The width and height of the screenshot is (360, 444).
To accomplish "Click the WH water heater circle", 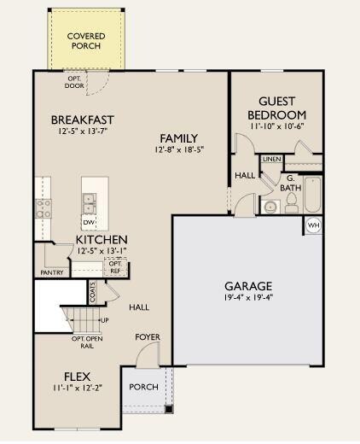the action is pyautogui.click(x=313, y=225).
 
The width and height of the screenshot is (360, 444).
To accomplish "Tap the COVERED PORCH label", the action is pyautogui.click(x=86, y=41).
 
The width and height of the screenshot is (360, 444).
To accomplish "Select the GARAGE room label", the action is pyautogui.click(x=248, y=286).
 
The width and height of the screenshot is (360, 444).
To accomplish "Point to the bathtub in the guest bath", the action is pyautogui.click(x=313, y=195).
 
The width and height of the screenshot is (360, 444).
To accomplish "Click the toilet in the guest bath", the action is pyautogui.click(x=291, y=202).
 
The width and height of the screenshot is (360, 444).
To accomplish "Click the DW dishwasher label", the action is pyautogui.click(x=89, y=222).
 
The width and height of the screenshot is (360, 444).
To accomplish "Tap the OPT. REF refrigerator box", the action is pyautogui.click(x=115, y=267).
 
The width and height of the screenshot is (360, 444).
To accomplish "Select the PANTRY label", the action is pyautogui.click(x=52, y=272).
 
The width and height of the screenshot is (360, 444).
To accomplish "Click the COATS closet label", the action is pyautogui.click(x=92, y=292).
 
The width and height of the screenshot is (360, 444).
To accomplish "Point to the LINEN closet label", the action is pyautogui.click(x=272, y=159).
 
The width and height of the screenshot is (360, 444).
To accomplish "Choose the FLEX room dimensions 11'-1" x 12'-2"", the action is pyautogui.click(x=77, y=388).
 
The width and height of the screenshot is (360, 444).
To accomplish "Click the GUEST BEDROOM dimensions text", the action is pyautogui.click(x=277, y=126).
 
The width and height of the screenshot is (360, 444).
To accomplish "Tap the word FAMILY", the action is pyautogui.click(x=179, y=138).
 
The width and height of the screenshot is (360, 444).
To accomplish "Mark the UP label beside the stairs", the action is pyautogui.click(x=105, y=320).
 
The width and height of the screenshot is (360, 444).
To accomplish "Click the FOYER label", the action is pyautogui.click(x=148, y=337).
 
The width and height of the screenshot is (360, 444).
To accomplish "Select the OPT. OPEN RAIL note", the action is pyautogui.click(x=87, y=342).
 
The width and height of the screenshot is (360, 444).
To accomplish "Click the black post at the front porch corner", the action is pyautogui.click(x=169, y=409).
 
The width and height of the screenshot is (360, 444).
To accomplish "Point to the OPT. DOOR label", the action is pyautogui.click(x=74, y=82).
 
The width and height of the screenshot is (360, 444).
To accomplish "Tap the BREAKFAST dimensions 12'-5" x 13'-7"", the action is pyautogui.click(x=83, y=131).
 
